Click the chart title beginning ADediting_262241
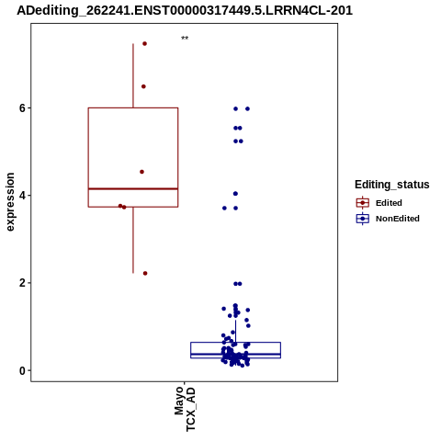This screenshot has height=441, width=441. (x=185, y=10)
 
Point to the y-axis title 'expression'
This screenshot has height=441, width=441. (x=10, y=202)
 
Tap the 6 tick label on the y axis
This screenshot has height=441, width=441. (x=22, y=108)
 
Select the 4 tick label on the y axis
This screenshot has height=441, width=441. (x=22, y=196)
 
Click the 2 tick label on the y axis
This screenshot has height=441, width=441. (x=22, y=283)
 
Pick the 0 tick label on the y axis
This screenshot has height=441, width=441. (x=22, y=370)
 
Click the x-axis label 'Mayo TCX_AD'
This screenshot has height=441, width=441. (x=185, y=409)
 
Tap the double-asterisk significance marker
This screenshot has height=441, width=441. (x=185, y=39)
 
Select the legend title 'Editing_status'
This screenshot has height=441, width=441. (x=392, y=185)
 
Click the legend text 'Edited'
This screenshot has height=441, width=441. (x=389, y=203)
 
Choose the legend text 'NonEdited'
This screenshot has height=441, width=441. (x=398, y=219)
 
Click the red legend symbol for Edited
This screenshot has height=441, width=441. (x=363, y=203)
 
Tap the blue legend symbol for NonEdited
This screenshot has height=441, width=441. (x=363, y=219)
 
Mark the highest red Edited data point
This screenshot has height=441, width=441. (x=144, y=44)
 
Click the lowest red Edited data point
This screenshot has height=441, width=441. (x=145, y=273)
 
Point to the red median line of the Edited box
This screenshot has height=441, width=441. (x=133, y=188)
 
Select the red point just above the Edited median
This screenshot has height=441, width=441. (x=141, y=172)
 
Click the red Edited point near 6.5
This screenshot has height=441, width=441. (x=143, y=86)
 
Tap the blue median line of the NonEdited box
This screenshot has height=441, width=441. (x=235, y=354)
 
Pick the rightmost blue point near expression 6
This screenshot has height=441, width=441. (x=247, y=108)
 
